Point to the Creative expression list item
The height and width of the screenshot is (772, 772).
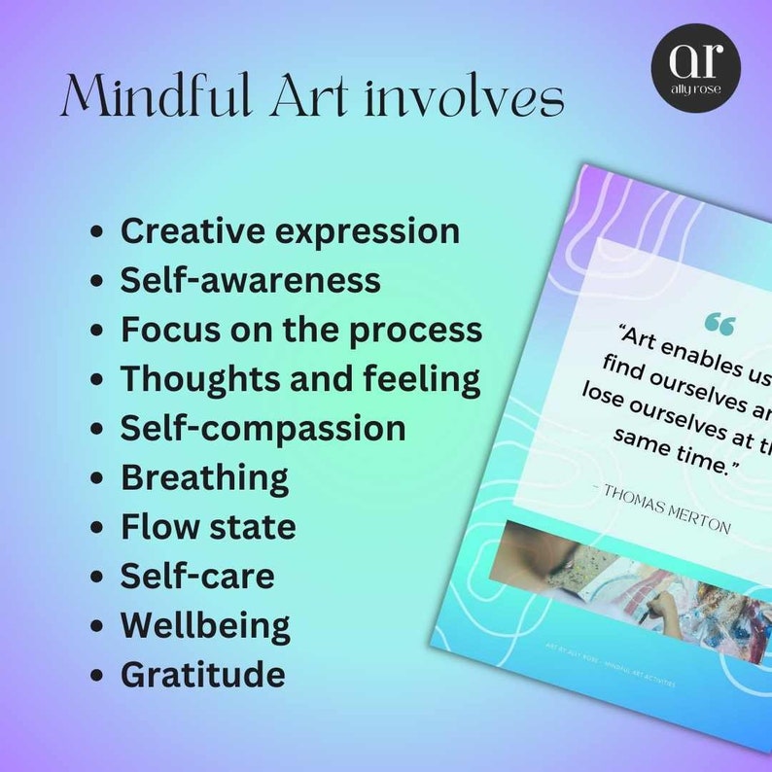[x=290, y=231]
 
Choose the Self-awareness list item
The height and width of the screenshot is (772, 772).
[x=250, y=280]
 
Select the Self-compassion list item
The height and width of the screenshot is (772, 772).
[x=263, y=428]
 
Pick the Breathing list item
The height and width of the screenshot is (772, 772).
[x=204, y=477]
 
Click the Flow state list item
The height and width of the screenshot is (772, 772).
[x=208, y=527]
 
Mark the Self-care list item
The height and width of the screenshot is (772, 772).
[x=197, y=576]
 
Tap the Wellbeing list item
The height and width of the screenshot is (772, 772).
[x=205, y=625]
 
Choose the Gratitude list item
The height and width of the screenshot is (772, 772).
[x=202, y=674]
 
